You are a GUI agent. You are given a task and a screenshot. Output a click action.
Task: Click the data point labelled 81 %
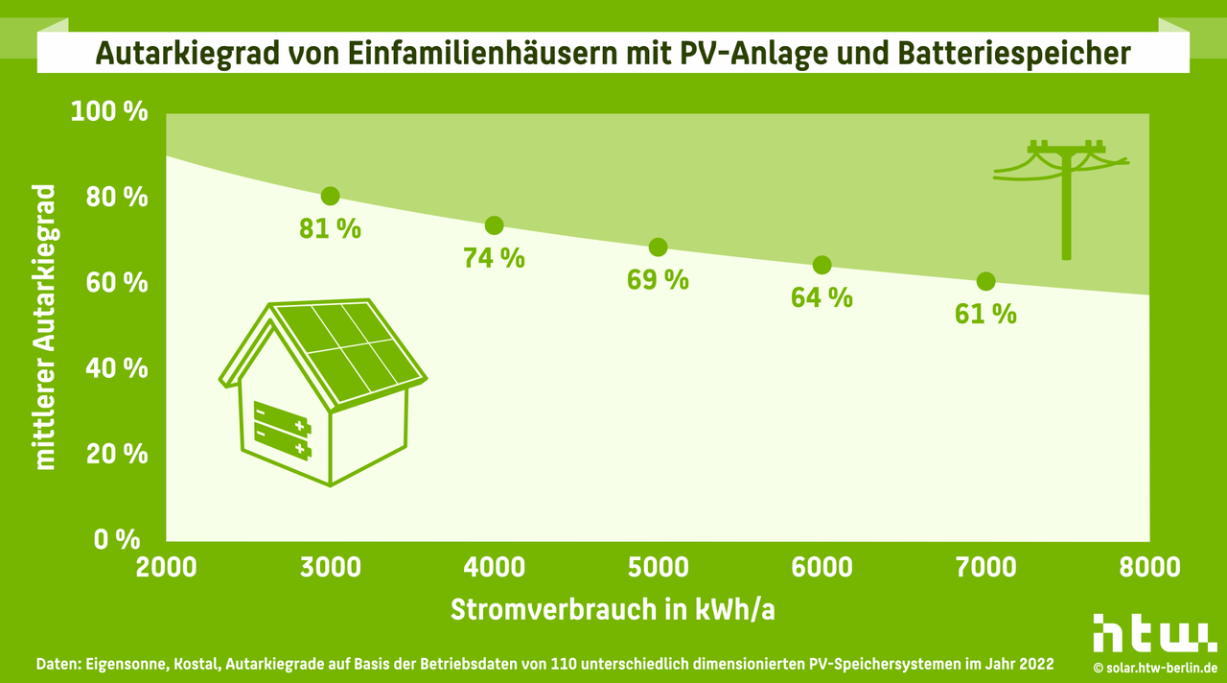click(x=331, y=196)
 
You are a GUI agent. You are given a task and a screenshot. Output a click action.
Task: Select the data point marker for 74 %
click(x=495, y=225)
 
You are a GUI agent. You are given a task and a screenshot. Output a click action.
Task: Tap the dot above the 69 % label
click(x=658, y=247)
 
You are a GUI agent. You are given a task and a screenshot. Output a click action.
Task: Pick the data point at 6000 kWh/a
click(x=822, y=265)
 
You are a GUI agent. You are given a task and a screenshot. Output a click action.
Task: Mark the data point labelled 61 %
click(x=985, y=281)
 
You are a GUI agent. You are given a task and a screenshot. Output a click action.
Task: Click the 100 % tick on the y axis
click(x=110, y=112)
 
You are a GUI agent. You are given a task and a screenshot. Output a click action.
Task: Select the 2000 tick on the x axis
click(x=166, y=567)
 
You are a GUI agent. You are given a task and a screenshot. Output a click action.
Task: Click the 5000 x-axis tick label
click(x=658, y=567)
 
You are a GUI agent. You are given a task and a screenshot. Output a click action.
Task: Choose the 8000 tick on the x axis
click(x=1149, y=567)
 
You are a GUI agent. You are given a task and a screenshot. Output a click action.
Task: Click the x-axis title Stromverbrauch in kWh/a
click(x=613, y=610)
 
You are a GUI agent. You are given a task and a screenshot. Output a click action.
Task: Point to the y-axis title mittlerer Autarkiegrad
click(x=45, y=326)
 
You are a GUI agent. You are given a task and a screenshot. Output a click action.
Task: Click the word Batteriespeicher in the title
click(x=1015, y=54)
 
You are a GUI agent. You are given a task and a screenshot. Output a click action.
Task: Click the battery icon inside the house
click(x=283, y=429)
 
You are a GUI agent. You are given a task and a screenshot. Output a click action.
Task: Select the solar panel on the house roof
click(x=350, y=350)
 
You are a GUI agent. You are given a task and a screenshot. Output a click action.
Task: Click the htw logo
click(x=1154, y=634)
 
